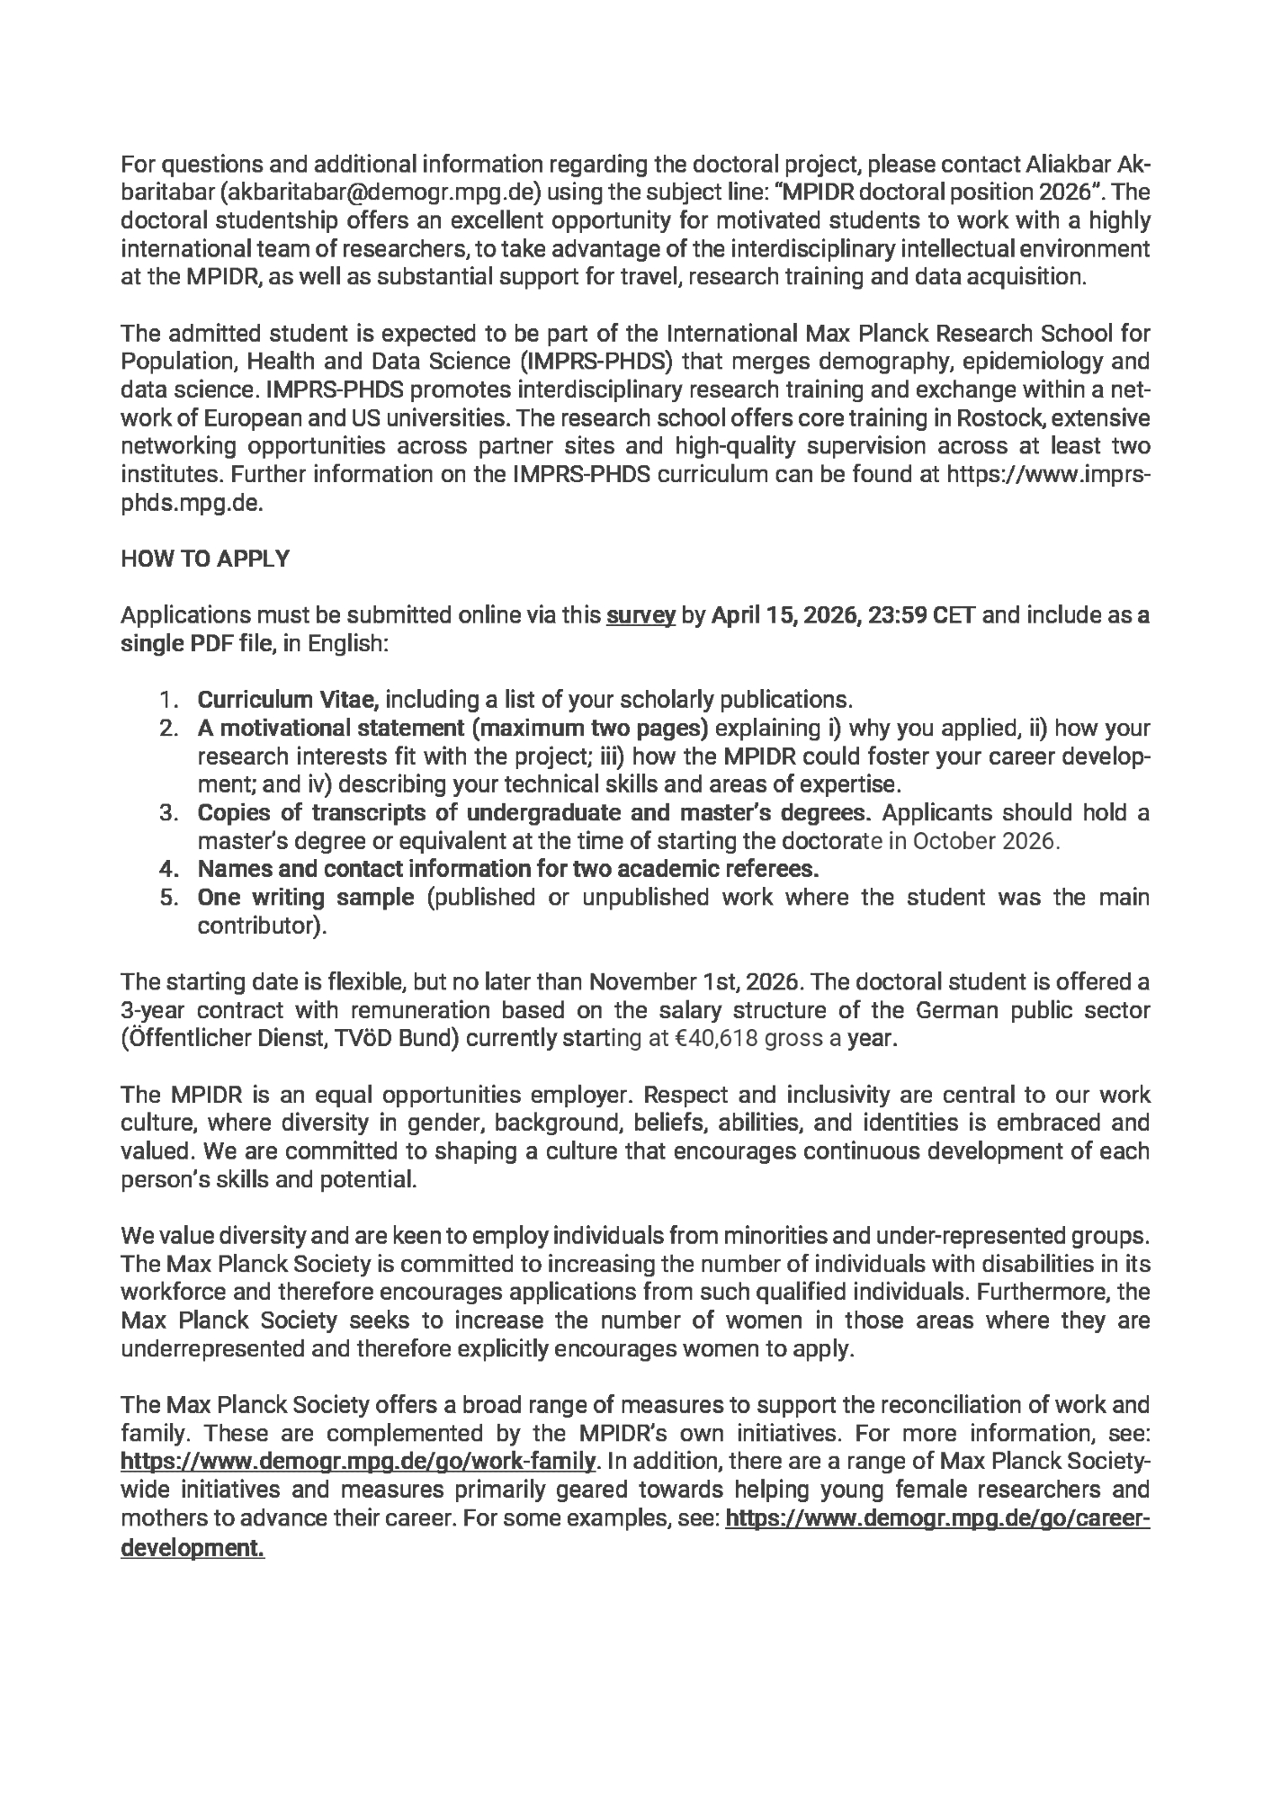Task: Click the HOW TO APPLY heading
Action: click(x=205, y=559)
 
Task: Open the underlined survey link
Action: click(x=641, y=616)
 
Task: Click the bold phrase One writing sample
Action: click(x=306, y=897)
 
